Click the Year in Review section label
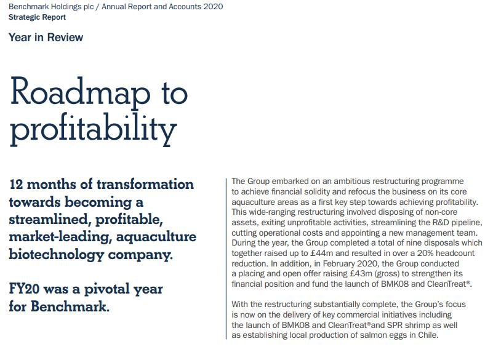point(46,38)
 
